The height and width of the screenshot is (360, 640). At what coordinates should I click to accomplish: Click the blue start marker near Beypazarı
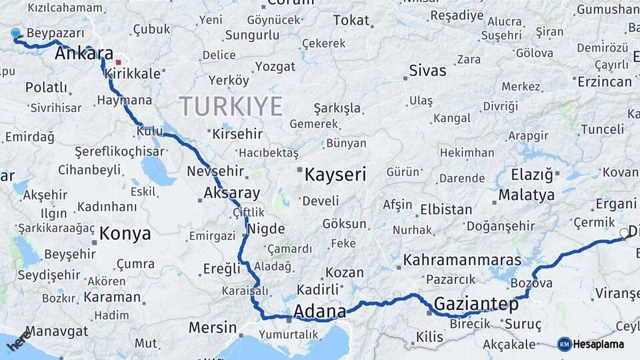[x=16, y=33]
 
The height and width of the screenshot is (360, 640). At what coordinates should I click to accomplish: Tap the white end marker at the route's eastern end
[x=624, y=233]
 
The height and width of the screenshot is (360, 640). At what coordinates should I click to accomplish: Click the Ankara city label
[x=84, y=53]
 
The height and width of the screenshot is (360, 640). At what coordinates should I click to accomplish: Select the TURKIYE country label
[x=231, y=105]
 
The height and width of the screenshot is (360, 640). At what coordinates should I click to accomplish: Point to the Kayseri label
[x=335, y=175]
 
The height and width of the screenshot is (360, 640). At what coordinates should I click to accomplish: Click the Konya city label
[x=125, y=234]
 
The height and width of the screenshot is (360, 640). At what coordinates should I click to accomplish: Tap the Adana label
[x=319, y=311]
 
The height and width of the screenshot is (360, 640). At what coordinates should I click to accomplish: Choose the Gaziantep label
[x=476, y=305]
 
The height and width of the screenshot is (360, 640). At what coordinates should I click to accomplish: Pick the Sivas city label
[x=427, y=71]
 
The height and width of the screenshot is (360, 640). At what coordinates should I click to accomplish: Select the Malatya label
[x=527, y=195]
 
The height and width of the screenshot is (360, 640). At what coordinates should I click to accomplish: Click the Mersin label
[x=213, y=327]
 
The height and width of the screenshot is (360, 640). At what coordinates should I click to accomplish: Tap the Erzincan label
[x=605, y=81]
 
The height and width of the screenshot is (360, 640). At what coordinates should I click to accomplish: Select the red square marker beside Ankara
[x=119, y=62]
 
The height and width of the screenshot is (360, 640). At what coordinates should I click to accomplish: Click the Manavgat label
[x=57, y=331]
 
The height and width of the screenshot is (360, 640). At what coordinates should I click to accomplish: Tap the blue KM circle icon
[x=564, y=344]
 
